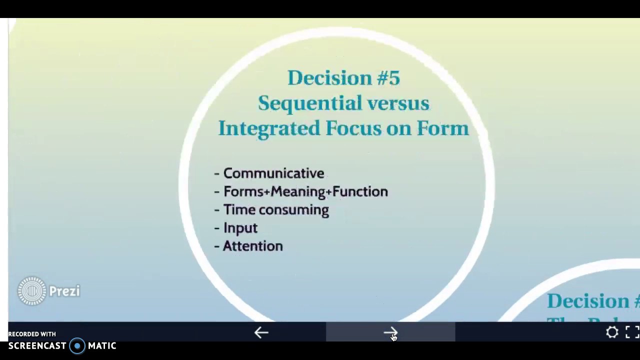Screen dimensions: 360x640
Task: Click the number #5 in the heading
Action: (388, 78)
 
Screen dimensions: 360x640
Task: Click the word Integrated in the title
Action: (269, 128)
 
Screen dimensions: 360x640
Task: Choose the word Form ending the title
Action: (442, 128)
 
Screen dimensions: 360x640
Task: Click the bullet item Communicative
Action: (273, 173)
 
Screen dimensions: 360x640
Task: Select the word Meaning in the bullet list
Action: (298, 191)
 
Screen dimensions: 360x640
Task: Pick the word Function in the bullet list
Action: (360, 191)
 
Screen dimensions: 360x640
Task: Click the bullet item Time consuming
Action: (276, 210)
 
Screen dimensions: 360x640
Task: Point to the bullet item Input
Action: (240, 228)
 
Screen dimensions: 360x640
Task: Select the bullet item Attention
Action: (253, 246)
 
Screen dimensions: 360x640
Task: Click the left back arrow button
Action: (261, 332)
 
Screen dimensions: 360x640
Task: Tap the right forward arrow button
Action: (390, 332)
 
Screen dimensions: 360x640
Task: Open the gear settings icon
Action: (612, 332)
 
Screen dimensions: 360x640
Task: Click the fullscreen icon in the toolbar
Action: (632, 332)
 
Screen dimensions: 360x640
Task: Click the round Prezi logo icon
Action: (32, 291)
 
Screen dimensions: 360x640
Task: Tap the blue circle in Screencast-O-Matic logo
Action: (77, 346)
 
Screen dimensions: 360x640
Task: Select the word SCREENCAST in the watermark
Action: (37, 346)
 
